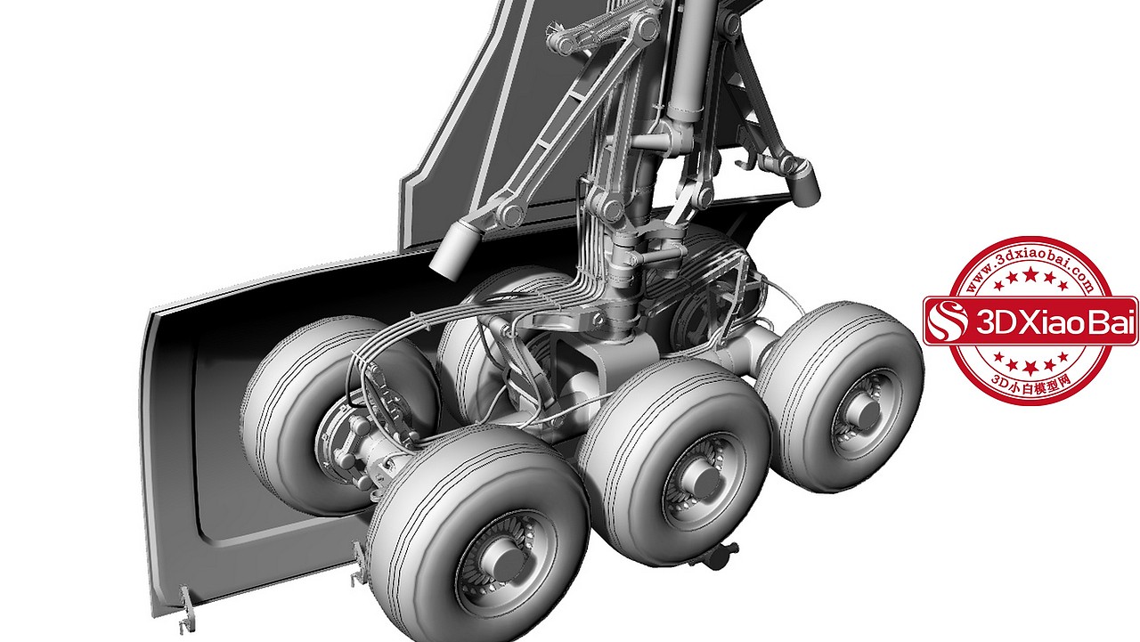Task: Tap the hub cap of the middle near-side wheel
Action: pyautogui.click(x=700, y=480)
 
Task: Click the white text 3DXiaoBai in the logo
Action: pyautogui.click(x=1055, y=323)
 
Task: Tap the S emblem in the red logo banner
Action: pyautogui.click(x=948, y=321)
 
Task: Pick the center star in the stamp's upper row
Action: pyautogui.click(x=1030, y=275)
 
